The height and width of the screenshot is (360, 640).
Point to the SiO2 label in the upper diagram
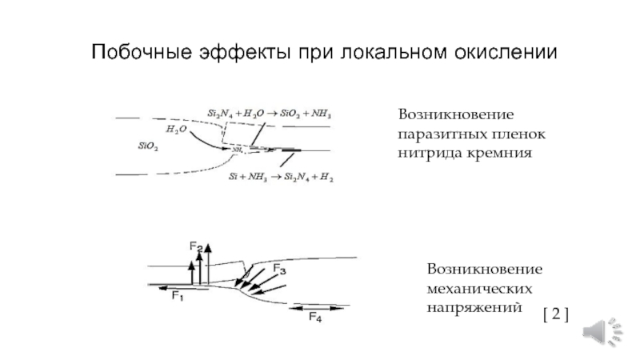pos(148,146)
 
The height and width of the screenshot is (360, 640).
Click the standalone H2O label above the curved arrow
pos(177,128)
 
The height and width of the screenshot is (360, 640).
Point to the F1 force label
pos(178,297)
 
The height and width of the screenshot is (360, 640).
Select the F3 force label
pos(279,267)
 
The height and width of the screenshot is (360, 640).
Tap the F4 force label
pos(315,318)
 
